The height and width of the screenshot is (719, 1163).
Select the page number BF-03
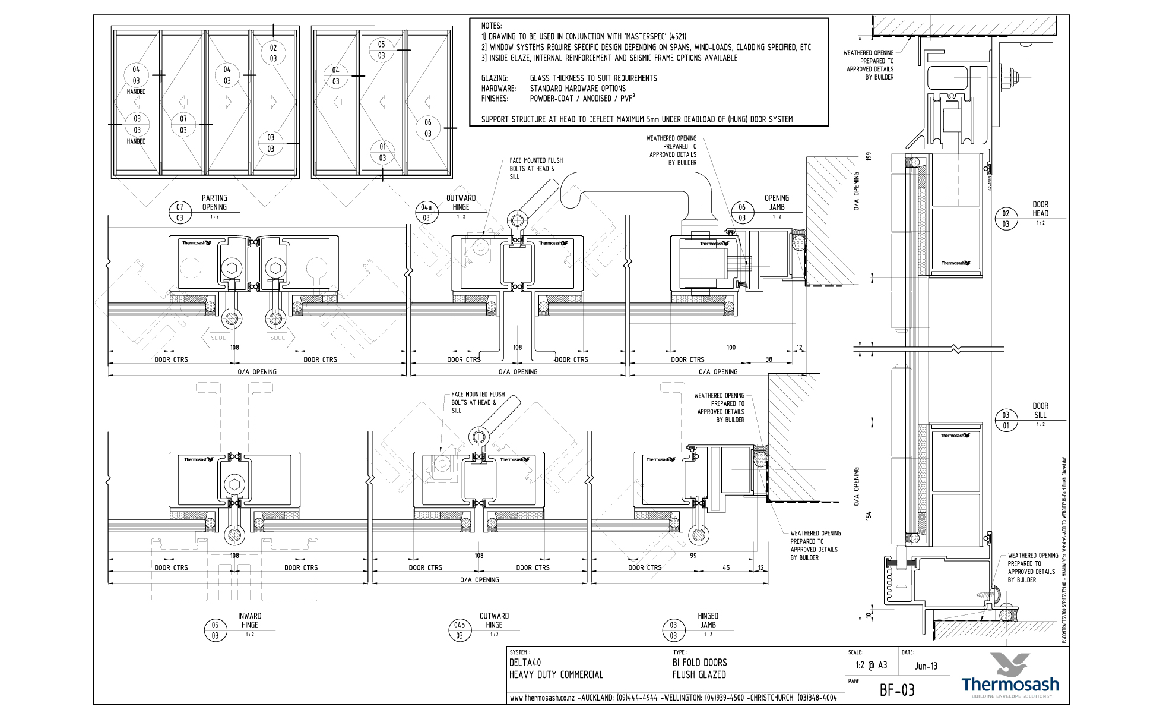pos(896,690)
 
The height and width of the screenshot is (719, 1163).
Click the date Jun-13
pos(926,666)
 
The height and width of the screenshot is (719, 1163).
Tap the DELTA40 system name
pos(525,663)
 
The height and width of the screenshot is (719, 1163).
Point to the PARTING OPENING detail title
pos(214,203)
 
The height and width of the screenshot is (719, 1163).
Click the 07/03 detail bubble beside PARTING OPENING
pos(180,212)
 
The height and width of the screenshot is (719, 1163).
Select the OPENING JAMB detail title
pos(777,203)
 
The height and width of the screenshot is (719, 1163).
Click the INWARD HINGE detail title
pos(249,620)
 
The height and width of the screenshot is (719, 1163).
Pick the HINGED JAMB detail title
pos(708,620)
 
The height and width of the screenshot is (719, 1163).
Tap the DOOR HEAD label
pos(1040,209)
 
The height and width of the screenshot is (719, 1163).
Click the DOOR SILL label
pos(1040,410)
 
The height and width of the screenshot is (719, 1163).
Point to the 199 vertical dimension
pos(869,157)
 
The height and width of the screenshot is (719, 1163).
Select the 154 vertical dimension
pos(869,516)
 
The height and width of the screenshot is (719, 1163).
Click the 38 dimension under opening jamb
pos(769,359)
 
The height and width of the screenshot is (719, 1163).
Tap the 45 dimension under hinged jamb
pos(726,567)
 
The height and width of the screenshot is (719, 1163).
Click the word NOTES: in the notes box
pos(491,26)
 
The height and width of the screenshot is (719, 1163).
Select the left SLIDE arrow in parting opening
pos(216,338)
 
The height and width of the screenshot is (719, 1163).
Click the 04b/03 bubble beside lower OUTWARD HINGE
pos(459,630)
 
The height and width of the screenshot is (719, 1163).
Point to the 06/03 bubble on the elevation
pos(427,128)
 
